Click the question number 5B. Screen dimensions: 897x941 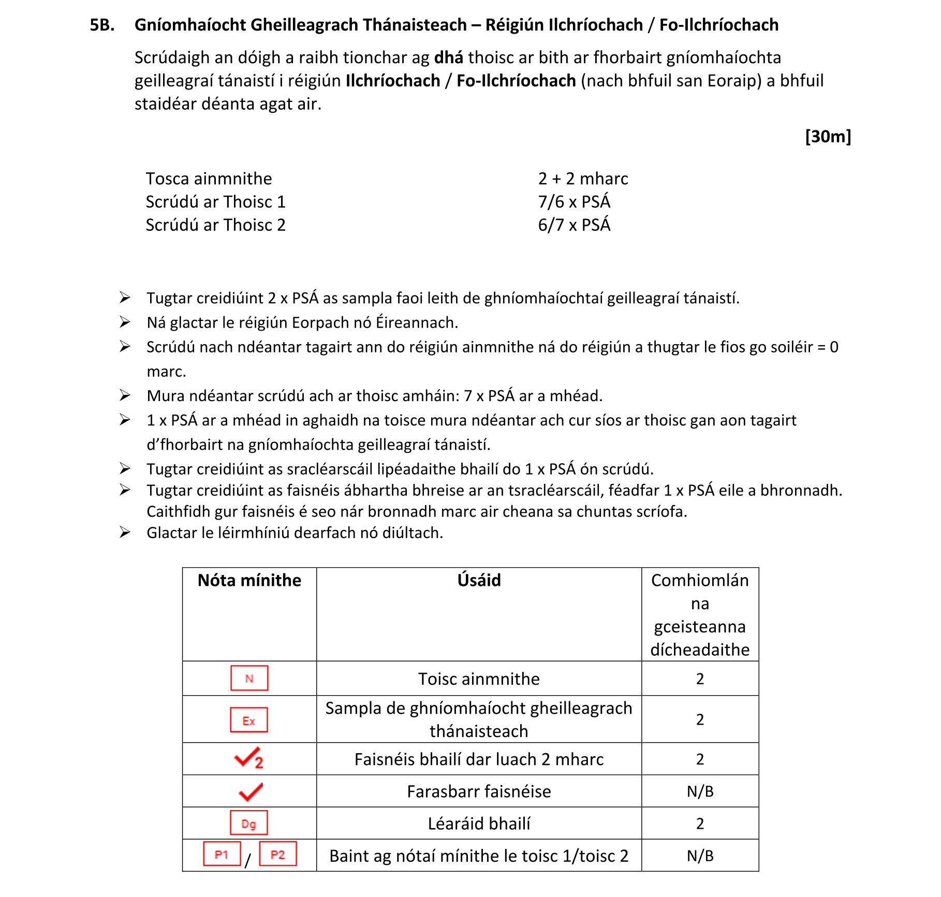[102, 25]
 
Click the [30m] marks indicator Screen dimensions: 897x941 [828, 137]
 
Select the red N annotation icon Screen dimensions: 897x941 [249, 678]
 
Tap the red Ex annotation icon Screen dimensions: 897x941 [249, 720]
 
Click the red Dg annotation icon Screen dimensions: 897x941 [249, 823]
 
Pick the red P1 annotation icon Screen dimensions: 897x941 [222, 854]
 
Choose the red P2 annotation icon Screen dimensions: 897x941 [278, 854]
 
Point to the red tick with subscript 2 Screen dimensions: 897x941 [249, 758]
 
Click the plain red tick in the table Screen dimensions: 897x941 [251, 791]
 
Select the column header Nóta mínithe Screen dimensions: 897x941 [249, 581]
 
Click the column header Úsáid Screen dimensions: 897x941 [479, 581]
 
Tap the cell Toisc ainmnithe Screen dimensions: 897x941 [479, 679]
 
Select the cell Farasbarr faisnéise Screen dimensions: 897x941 [479, 792]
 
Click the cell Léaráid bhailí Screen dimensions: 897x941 [479, 824]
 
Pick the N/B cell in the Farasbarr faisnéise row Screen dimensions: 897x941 [700, 792]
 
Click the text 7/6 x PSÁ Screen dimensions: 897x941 [574, 202]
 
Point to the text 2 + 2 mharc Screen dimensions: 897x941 [583, 179]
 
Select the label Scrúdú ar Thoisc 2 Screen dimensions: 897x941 [215, 225]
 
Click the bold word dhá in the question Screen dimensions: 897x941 [448, 57]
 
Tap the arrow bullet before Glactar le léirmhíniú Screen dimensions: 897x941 [125, 532]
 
